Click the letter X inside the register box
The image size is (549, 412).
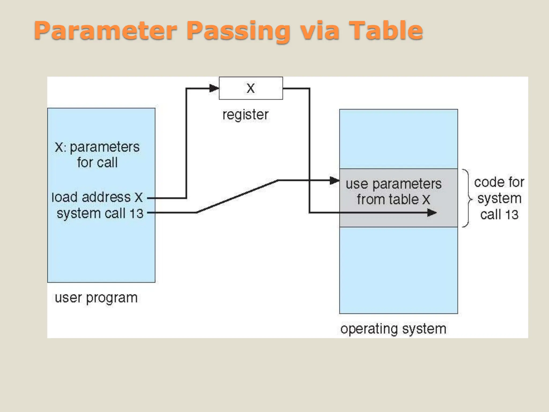251,88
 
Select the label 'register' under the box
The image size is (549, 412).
245,115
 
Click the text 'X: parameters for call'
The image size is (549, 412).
97,155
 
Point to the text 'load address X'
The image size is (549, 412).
97,197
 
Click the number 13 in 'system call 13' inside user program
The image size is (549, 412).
136,214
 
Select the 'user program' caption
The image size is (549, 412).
96,298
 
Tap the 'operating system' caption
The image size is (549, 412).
393,329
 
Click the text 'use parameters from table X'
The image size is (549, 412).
393,192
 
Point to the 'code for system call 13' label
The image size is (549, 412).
499,198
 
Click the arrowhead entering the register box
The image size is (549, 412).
214,88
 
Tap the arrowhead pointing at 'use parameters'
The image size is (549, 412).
334,181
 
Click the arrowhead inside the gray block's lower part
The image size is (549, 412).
432,213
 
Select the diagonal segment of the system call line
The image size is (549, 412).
237,196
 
